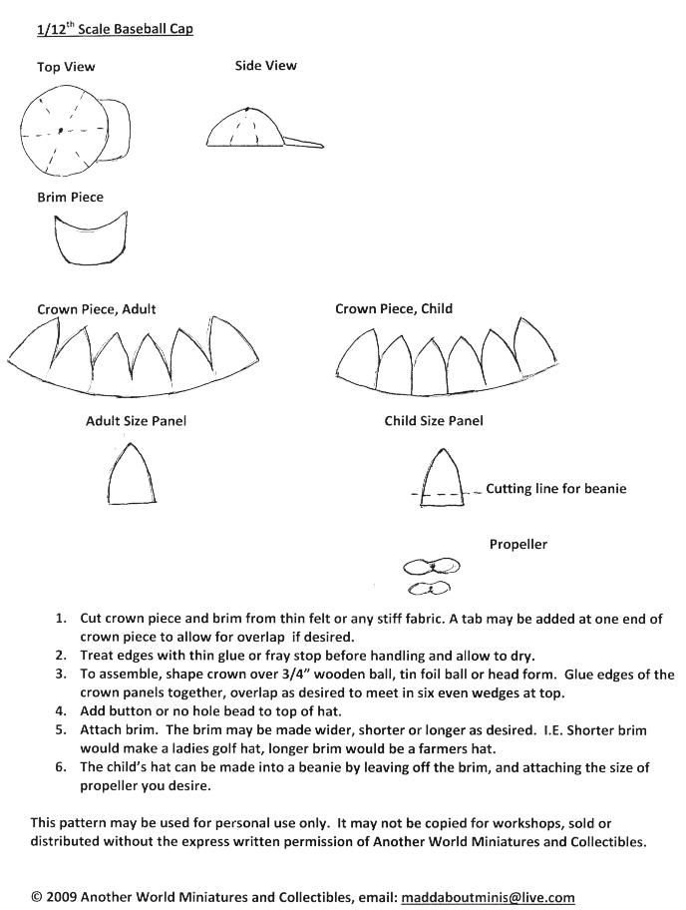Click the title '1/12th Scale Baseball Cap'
(115, 29)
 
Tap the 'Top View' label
(66, 67)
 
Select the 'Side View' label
(265, 66)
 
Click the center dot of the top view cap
(60, 131)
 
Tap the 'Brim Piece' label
(70, 198)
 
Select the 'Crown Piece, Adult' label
(97, 309)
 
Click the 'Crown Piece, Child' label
(394, 309)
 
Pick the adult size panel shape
(132, 477)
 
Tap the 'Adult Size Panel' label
(136, 421)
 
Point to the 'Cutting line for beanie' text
(556, 489)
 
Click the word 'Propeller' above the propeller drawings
(517, 545)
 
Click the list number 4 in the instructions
(61, 711)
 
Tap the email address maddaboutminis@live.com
(489, 897)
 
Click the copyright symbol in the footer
(37, 897)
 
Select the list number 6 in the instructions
(61, 767)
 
